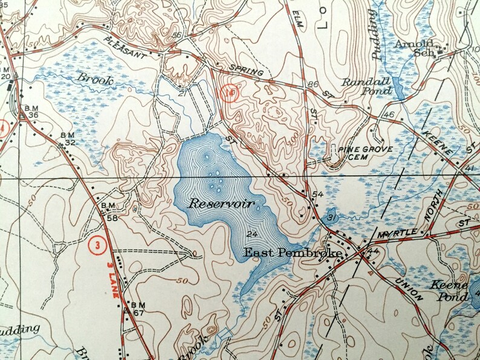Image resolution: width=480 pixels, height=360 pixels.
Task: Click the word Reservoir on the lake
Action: point(221,204)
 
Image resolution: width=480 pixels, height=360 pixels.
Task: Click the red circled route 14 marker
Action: point(230,94)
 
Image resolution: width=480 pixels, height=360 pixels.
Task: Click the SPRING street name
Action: point(247,70)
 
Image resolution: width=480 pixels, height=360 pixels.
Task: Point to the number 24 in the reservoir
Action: point(253,234)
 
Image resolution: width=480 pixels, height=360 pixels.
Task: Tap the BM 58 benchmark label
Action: point(109,213)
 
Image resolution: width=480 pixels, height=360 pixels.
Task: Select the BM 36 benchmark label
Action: point(30,112)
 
